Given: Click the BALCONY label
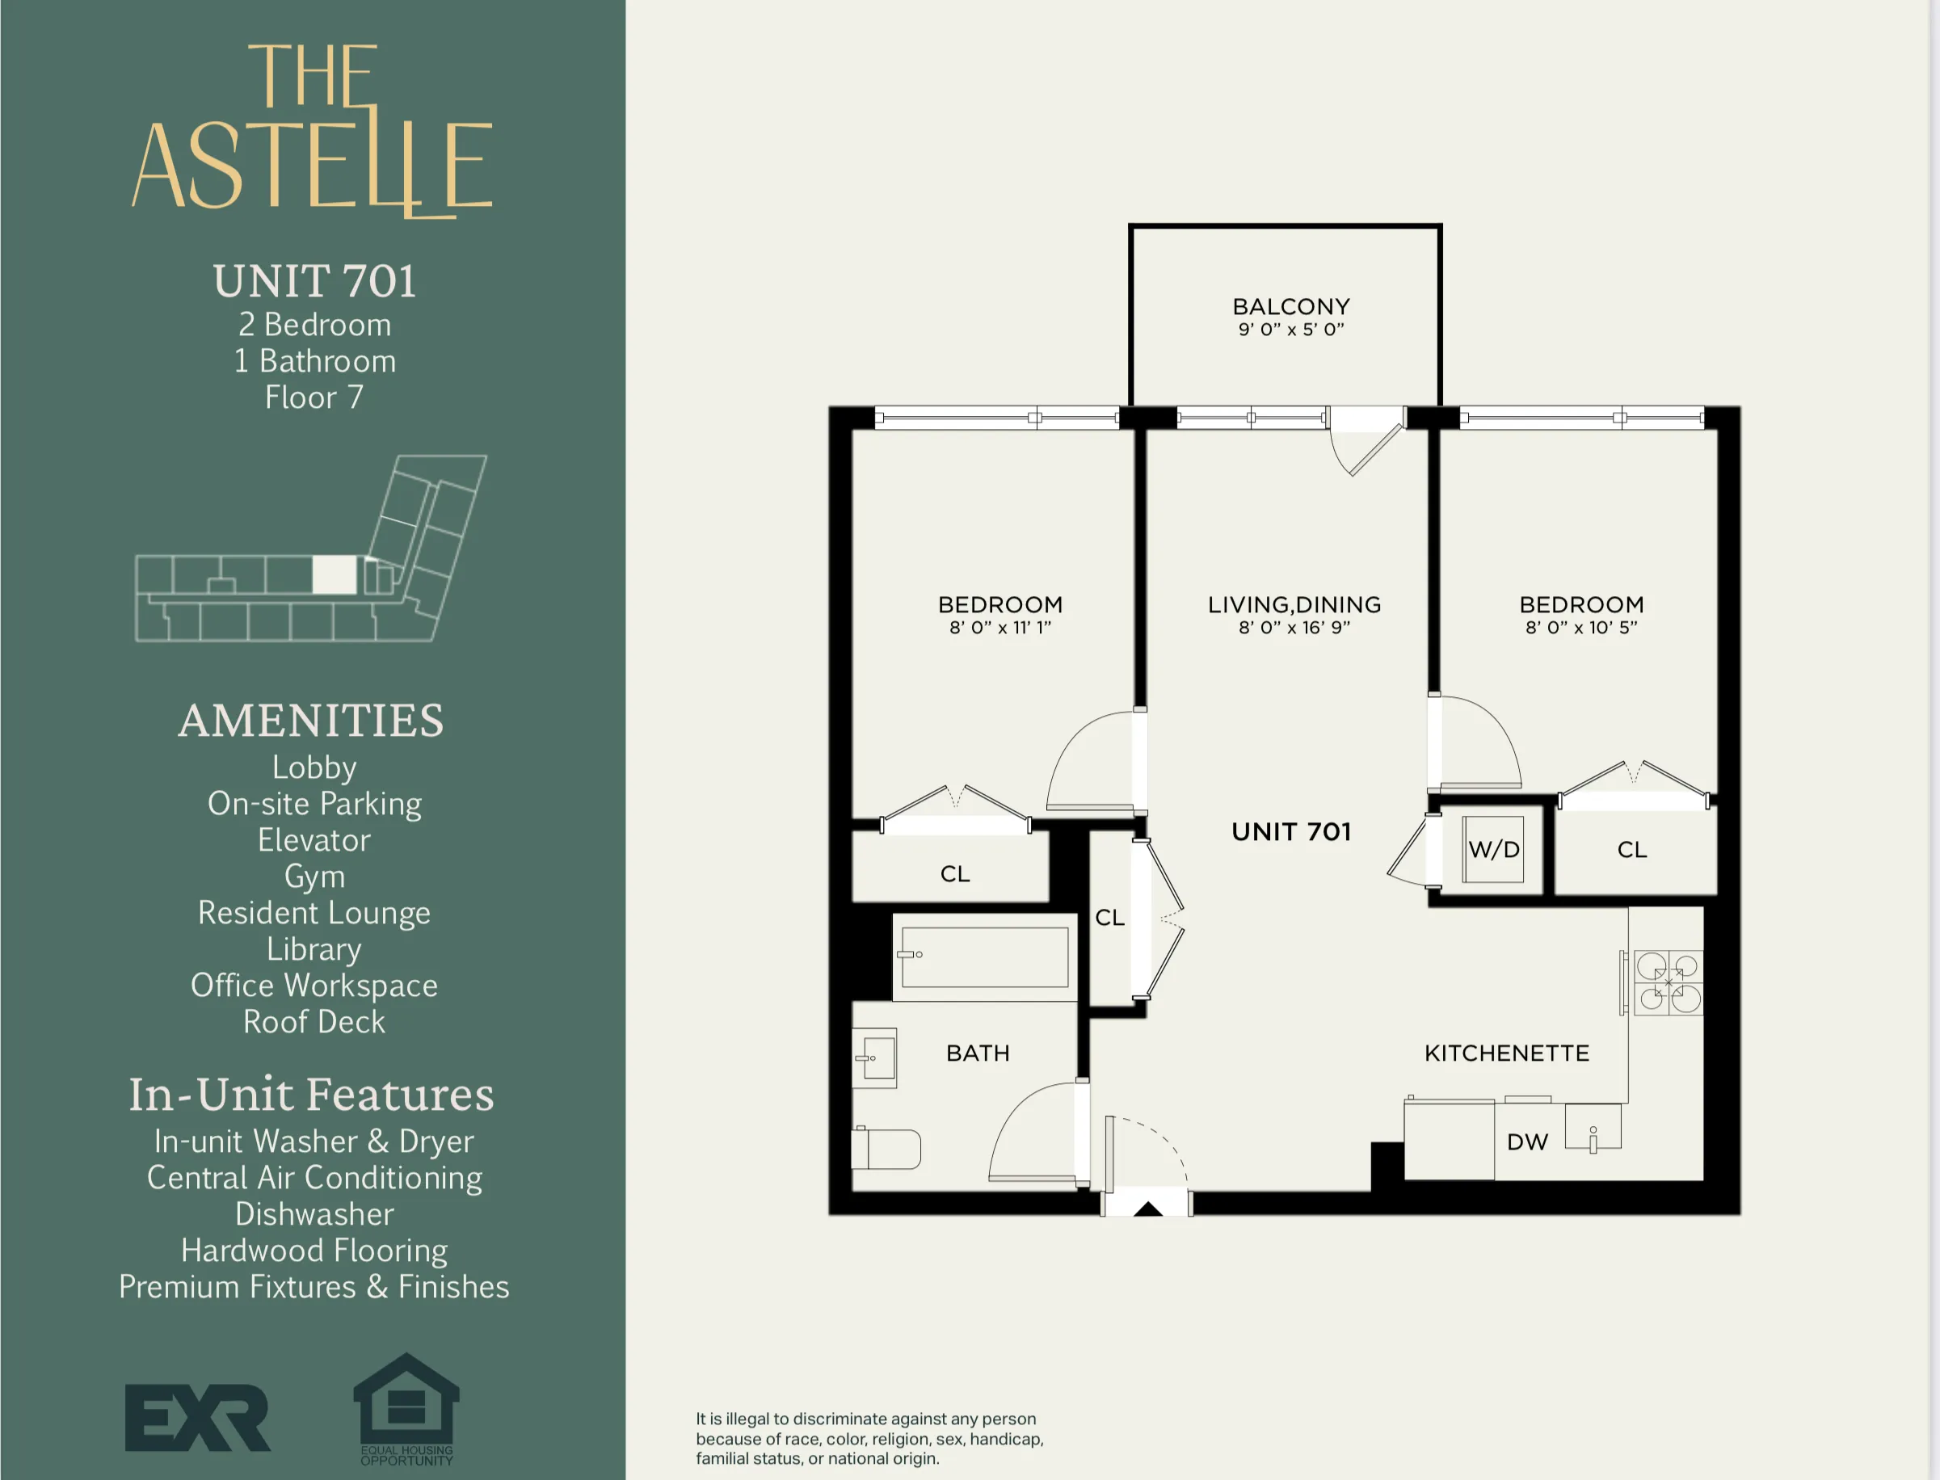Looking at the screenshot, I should [1290, 306].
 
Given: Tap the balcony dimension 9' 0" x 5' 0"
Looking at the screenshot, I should [1290, 330].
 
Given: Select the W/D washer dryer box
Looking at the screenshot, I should [1493, 849].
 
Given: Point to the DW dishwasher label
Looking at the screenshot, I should [1527, 1142].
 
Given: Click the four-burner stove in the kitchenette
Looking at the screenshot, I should [1668, 982].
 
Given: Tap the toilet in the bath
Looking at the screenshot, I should [886, 1149].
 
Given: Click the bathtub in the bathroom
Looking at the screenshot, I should [984, 957].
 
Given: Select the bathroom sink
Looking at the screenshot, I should [876, 1057].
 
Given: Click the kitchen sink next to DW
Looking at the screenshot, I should [1593, 1129].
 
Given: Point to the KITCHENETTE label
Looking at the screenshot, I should [1507, 1053].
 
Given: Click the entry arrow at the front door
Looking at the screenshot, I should [1147, 1209].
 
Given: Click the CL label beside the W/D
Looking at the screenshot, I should [1631, 850].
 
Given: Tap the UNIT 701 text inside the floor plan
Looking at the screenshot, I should [1290, 831].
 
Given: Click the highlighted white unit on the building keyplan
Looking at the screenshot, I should [335, 575].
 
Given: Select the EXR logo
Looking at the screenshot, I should [197, 1418].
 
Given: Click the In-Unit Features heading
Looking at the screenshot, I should [311, 1095].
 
